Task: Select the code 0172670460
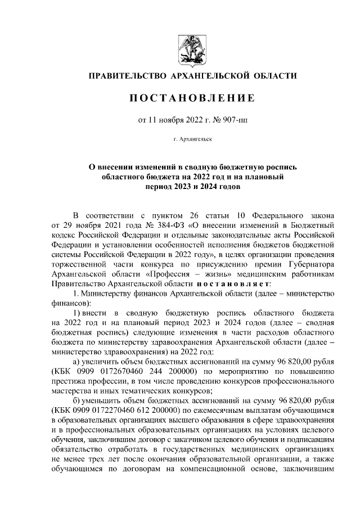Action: pyautogui.click(x=120, y=371)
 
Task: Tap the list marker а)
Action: pyautogui.click(x=78, y=362)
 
